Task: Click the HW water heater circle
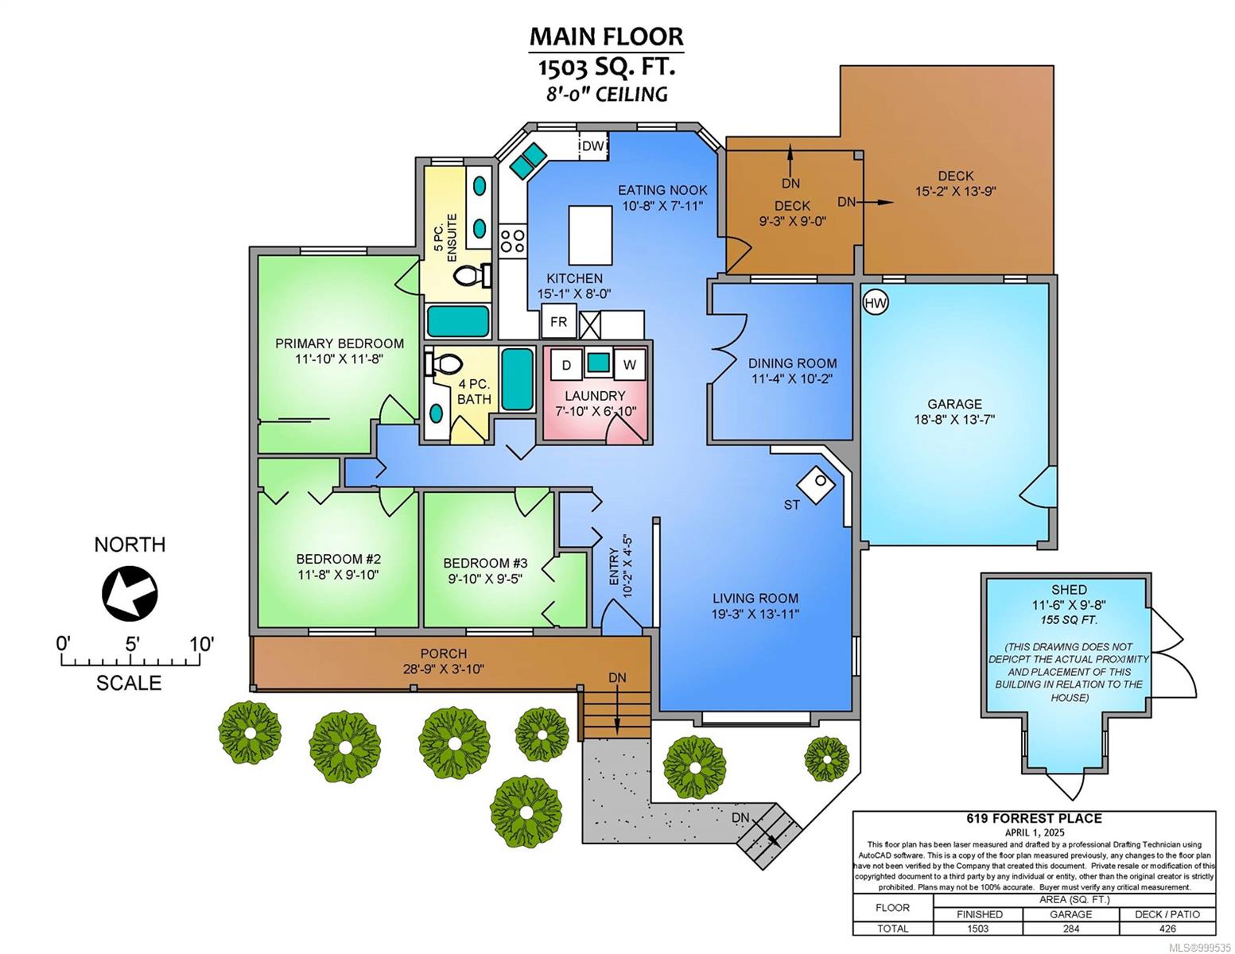pos(876,303)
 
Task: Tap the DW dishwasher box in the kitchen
pos(592,145)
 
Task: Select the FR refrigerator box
pos(559,322)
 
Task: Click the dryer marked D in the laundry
pos(566,365)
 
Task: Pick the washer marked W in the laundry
pos(629,365)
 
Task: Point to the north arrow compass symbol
pos(130,594)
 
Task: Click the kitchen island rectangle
pos(591,235)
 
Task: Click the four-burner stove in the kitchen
pos(513,240)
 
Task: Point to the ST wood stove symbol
pos(816,485)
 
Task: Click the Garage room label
pos(954,404)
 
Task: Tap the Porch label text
pos(443,653)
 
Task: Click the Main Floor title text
pos(607,37)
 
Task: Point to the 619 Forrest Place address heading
pos(1034,819)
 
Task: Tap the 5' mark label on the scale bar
pos(132,644)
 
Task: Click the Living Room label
pos(755,599)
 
